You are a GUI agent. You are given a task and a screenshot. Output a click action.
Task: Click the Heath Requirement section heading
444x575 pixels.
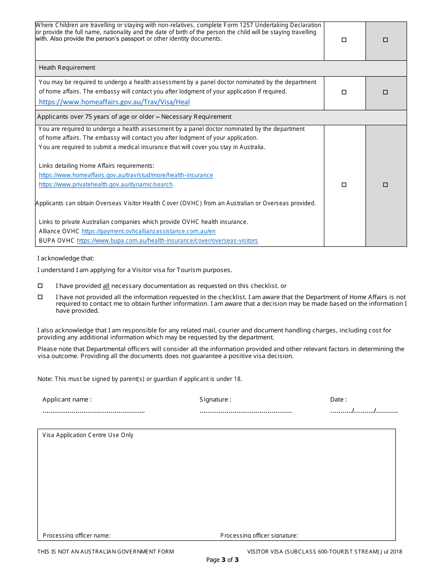pyautogui.click(x=67, y=68)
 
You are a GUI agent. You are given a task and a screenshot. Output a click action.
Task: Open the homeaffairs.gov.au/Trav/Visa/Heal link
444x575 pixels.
pyautogui.click(x=114, y=102)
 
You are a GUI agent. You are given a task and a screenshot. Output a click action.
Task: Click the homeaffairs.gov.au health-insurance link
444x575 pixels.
pyautogui.click(x=126, y=175)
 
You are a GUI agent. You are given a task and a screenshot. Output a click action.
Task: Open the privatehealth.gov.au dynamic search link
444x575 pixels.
pyautogui.click(x=106, y=185)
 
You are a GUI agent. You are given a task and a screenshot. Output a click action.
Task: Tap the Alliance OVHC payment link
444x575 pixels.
pyautogui.click(x=149, y=231)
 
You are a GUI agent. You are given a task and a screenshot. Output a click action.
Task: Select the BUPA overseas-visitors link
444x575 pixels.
pyautogui.click(x=167, y=241)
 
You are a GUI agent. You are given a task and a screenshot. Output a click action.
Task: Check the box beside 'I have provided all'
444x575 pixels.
pyautogui.click(x=40, y=286)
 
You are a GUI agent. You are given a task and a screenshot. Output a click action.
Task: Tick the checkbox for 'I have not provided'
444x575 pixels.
pyautogui.click(x=40, y=297)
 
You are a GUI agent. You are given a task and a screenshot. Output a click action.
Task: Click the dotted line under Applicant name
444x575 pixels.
pyautogui.click(x=93, y=411)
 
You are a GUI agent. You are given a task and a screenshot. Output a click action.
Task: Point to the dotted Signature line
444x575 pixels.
pyautogui.click(x=245, y=411)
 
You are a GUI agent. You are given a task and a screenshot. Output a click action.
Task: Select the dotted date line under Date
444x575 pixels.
pyautogui.click(x=364, y=411)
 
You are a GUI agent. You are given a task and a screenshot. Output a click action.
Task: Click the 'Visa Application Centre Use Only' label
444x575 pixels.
pyautogui.click(x=88, y=435)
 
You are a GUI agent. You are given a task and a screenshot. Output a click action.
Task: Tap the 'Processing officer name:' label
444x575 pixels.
pyautogui.click(x=77, y=536)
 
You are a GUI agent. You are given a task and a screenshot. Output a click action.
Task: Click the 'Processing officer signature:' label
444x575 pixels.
pyautogui.click(x=259, y=536)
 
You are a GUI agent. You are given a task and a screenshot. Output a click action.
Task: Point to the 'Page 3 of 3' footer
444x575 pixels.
pyautogui.click(x=222, y=560)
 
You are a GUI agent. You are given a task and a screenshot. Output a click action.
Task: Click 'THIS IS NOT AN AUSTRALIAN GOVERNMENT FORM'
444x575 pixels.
pyautogui.click(x=106, y=552)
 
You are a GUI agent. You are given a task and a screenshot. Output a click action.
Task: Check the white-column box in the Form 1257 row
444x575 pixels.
pyautogui.click(x=344, y=40)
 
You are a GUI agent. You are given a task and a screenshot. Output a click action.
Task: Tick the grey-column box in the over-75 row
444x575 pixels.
pyautogui.click(x=386, y=185)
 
